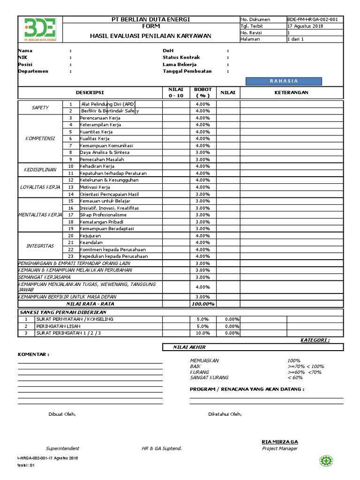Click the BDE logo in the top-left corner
tap(39, 29)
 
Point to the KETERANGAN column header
tap(291, 92)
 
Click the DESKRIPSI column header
tap(90, 93)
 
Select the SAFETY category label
tap(40, 107)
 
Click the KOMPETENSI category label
tap(40, 138)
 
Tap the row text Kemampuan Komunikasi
tap(104, 145)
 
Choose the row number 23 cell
tap(71, 256)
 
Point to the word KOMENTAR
tap(33, 354)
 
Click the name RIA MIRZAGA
tap(279, 442)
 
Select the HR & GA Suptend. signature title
tap(161, 449)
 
